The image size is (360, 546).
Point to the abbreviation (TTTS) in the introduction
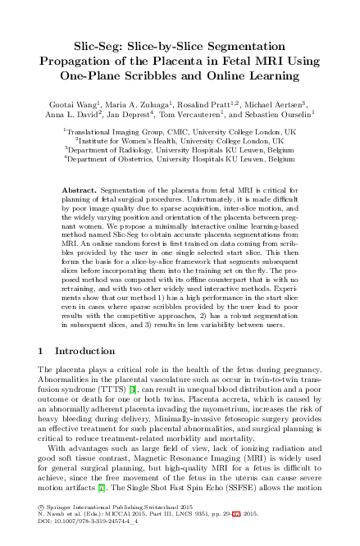click(76, 388)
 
